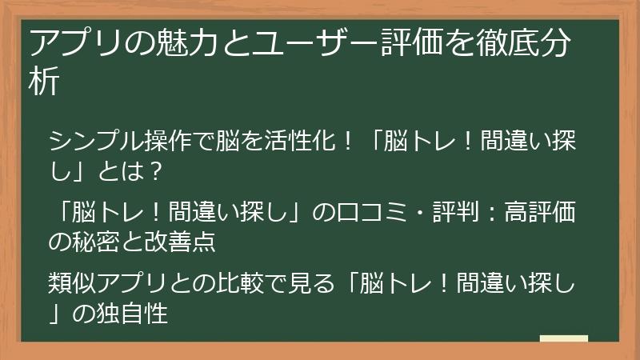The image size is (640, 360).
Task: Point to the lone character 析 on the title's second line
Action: point(44,82)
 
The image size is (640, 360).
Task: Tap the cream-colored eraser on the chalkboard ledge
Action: point(563,338)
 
